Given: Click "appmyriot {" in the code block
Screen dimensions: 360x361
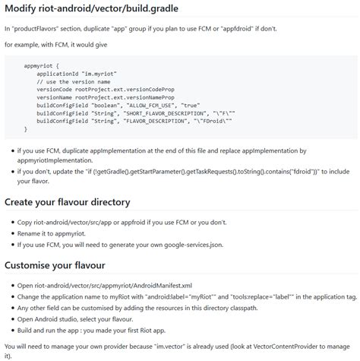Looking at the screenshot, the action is point(46,66).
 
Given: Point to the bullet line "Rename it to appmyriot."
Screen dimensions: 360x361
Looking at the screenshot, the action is point(56,233).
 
